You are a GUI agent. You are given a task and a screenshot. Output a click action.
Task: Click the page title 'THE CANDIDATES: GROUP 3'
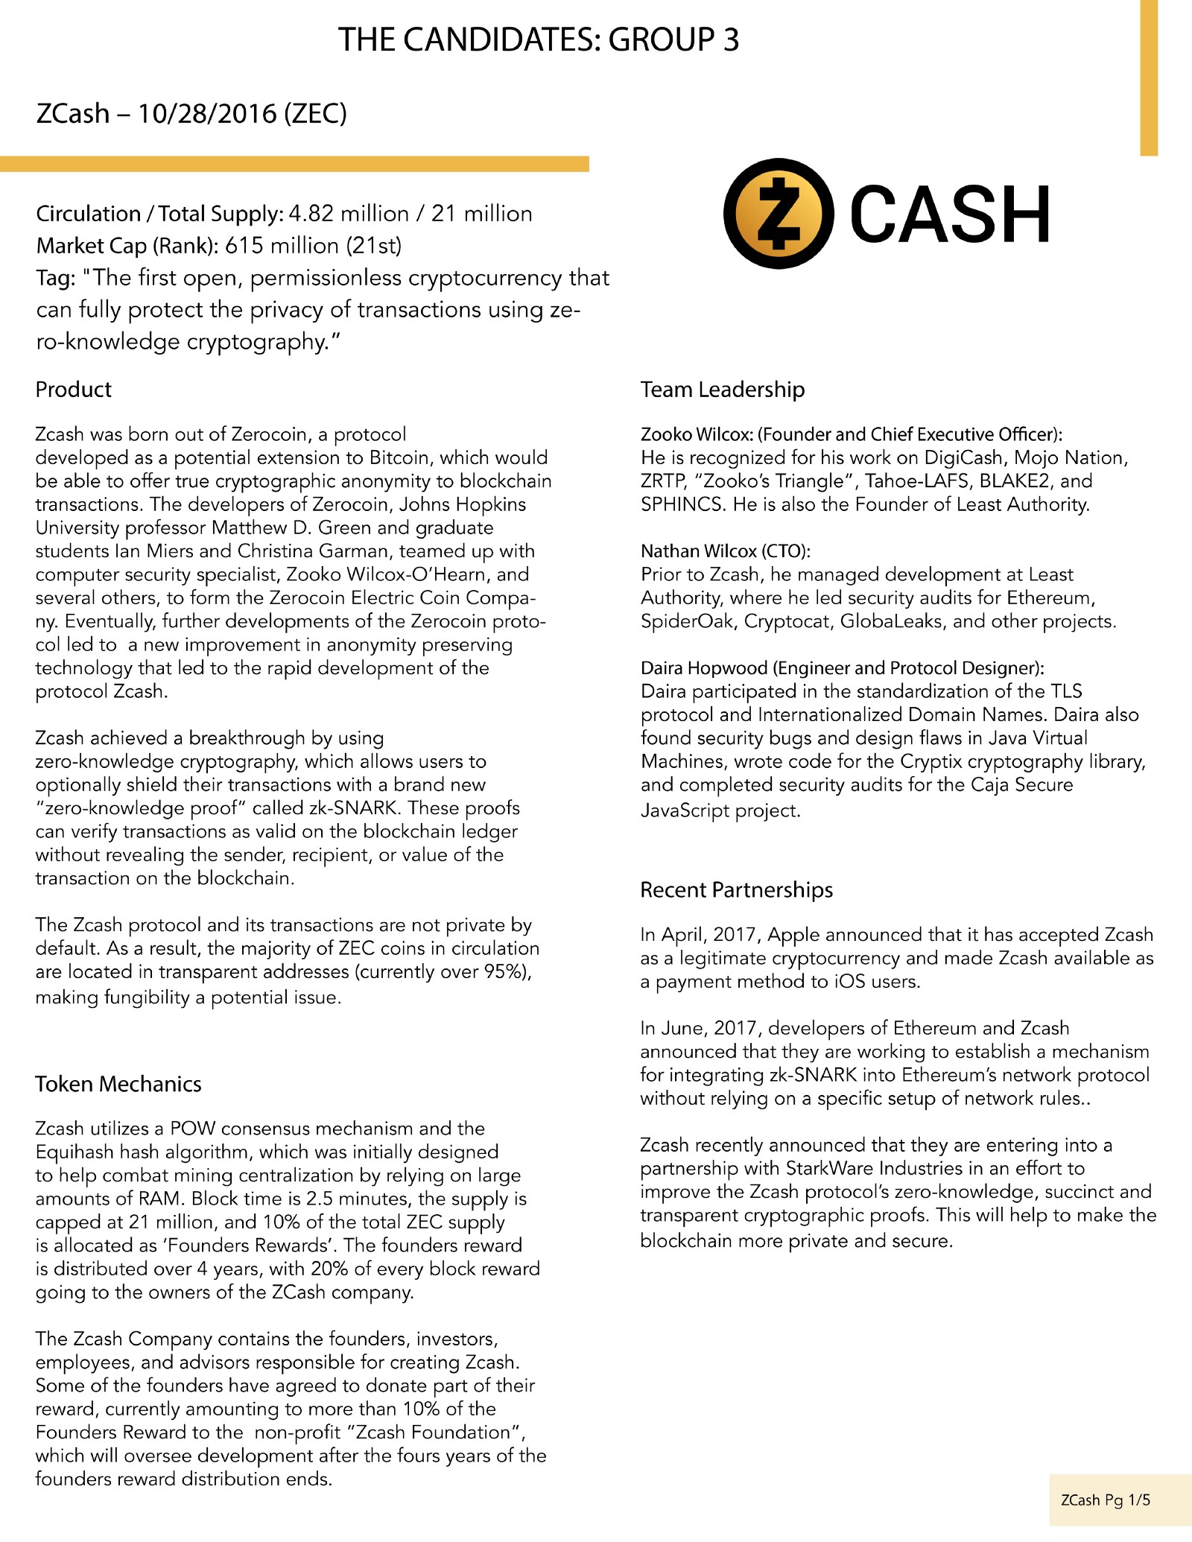(539, 39)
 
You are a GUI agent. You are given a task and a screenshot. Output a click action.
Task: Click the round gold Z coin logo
(779, 213)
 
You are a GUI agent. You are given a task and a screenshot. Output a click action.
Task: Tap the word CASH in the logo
(950, 215)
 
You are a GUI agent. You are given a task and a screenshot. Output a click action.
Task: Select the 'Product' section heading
(73, 390)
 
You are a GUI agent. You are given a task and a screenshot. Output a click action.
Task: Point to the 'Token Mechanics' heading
(118, 1084)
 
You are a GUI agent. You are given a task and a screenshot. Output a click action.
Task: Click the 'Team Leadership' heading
(722, 390)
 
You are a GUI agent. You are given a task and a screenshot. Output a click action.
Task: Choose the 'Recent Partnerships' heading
(736, 890)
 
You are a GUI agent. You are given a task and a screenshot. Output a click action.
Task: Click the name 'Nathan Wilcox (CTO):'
(725, 551)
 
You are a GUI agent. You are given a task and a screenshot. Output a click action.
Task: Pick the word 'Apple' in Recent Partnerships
(793, 935)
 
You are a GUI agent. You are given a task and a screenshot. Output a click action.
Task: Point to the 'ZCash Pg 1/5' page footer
(1105, 1500)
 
